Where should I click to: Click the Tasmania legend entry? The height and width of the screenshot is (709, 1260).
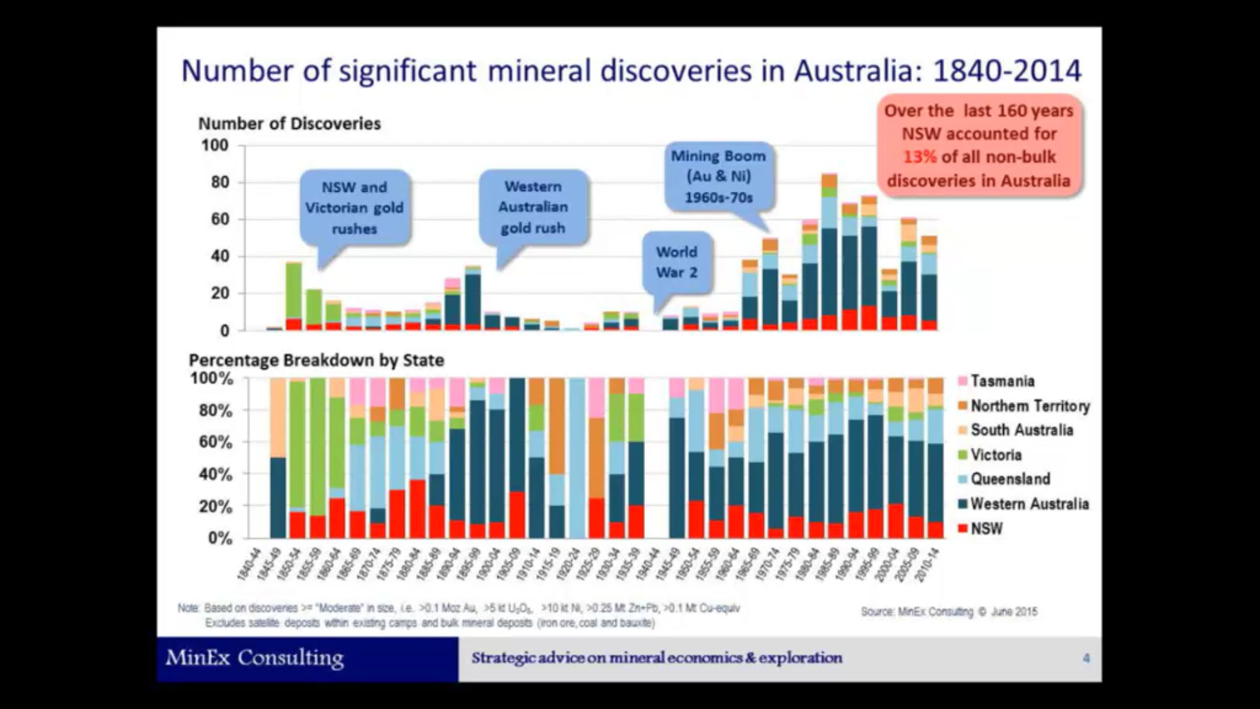point(1002,381)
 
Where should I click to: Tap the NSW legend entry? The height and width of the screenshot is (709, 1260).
point(986,528)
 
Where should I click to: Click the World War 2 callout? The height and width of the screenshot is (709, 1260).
point(677,262)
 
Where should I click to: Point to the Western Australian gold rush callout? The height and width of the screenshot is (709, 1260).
point(533,207)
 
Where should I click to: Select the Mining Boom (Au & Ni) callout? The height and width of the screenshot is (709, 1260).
point(718,176)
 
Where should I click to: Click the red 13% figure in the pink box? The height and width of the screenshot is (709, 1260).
point(919,157)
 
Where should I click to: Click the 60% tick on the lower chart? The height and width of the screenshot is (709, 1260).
point(215,442)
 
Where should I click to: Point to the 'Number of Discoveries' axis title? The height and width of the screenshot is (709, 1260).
point(289,123)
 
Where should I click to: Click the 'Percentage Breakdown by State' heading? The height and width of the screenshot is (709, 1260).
point(316,360)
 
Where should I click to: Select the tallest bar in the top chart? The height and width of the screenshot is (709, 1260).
point(829,252)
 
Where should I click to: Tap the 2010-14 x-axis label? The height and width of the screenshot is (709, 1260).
point(927,565)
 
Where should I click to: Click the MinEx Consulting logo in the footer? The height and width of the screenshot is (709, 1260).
point(255,658)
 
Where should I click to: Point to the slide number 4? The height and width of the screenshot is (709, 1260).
point(1086,658)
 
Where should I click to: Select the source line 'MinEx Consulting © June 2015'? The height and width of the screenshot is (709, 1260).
point(949,612)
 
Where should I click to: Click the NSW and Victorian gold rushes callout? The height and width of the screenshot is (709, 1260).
point(354,208)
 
